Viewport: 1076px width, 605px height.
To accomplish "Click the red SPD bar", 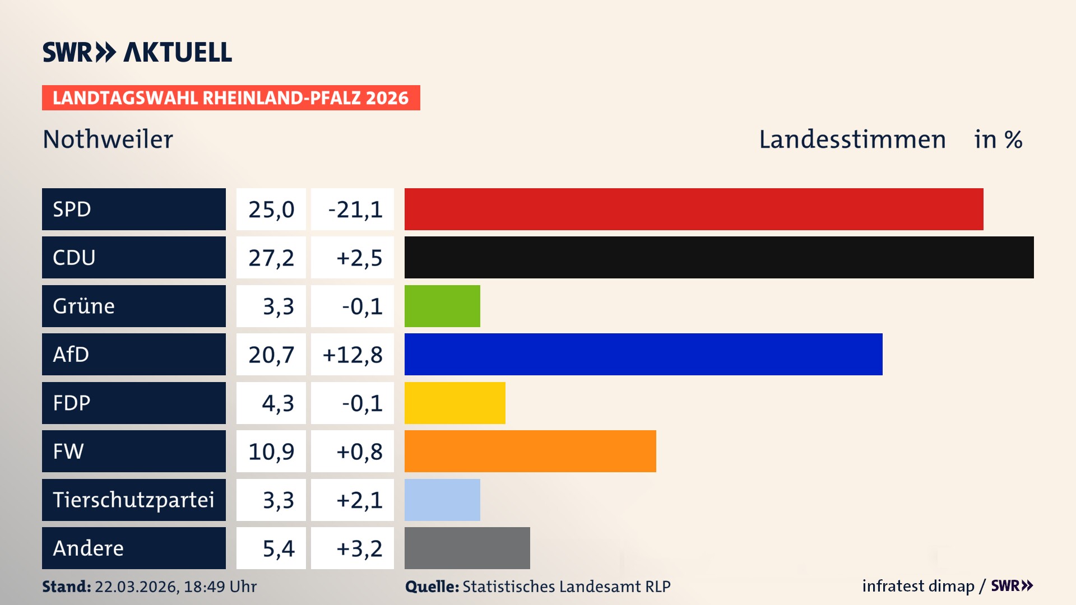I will click(x=694, y=209).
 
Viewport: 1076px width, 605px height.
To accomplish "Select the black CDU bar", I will click(x=719, y=257).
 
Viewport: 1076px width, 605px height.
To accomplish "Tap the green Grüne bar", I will click(x=442, y=306).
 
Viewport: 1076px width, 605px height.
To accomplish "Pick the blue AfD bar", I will click(x=643, y=354).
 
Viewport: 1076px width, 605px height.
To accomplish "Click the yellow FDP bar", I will click(x=454, y=403).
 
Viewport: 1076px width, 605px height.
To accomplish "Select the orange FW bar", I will click(x=530, y=451).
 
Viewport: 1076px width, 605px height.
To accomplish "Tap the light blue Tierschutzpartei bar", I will click(x=442, y=500).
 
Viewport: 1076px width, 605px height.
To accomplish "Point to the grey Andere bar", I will click(x=467, y=548).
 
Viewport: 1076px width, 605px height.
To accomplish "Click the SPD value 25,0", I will click(x=271, y=210).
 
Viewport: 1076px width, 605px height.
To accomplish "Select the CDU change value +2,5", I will click(x=359, y=258).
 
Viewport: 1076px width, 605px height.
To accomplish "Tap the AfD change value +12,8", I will click(x=353, y=355).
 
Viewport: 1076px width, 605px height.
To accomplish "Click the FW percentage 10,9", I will click(x=271, y=452).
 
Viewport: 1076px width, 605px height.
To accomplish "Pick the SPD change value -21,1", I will click(x=355, y=210).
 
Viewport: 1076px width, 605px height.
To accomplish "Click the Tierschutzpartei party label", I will click(x=133, y=500).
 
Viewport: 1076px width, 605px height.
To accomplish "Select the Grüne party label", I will click(x=84, y=306).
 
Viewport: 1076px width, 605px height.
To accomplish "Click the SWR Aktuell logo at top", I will click(x=137, y=52).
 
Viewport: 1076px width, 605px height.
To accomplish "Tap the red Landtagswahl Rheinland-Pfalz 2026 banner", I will click(x=231, y=98).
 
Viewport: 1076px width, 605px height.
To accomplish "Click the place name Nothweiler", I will click(x=108, y=139).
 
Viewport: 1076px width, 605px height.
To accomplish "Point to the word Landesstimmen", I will click(x=852, y=139).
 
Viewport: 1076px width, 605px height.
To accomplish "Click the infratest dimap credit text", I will click(x=918, y=586).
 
